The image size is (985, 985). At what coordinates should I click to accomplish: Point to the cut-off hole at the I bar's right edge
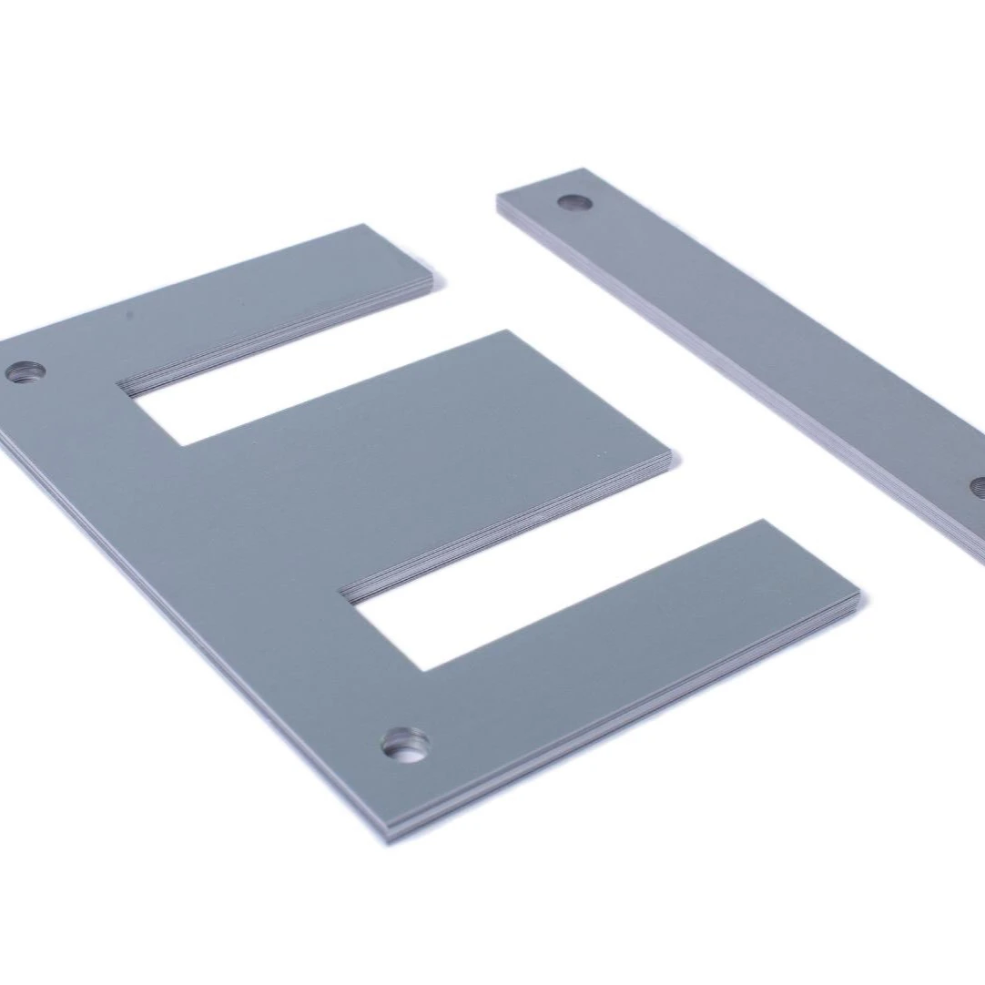pos(978,486)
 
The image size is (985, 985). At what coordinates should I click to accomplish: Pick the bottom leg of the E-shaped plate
pos(637,637)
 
